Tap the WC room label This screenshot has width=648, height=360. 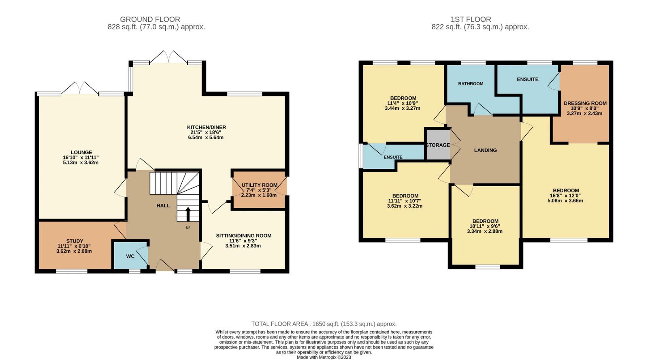pos(130,256)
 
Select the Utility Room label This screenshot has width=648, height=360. pos(259,185)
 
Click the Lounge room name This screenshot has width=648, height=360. pos(81,153)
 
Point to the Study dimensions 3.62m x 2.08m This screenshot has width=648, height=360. pos(74,251)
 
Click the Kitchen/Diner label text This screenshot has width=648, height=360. pos(206,127)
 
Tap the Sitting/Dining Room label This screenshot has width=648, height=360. pos(243,236)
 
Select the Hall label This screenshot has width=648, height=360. pos(163,206)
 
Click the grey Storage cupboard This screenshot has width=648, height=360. pos(437,145)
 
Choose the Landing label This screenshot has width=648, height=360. pos(485,150)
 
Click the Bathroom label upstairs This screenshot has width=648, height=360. pos(471,84)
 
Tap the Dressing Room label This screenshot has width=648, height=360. pos(585,103)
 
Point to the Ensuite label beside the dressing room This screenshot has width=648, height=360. pos(527,79)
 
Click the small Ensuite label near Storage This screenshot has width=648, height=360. pos(393,157)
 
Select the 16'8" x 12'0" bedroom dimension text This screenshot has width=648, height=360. pos(566,196)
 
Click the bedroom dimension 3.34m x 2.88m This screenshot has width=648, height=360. pos(485,232)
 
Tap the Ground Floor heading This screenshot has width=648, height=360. pos(150,19)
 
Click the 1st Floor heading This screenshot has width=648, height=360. pos(471,19)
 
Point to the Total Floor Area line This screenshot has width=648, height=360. pos(324,324)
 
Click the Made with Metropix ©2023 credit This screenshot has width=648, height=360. pos(324,357)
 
